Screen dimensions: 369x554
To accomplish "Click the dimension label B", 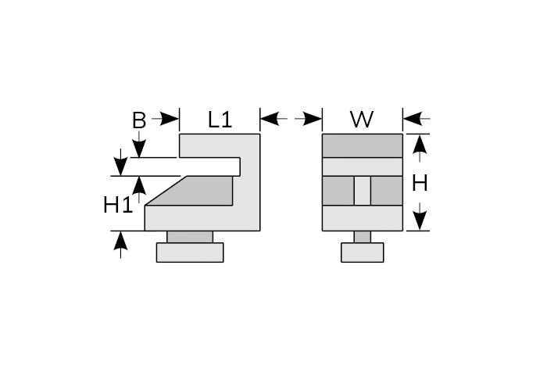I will coord(139,120).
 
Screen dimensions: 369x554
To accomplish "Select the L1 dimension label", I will coord(220,120).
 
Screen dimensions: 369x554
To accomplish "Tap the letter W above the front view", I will coord(362,120).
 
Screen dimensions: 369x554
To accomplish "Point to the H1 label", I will coord(118,206).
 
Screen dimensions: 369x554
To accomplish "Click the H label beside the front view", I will coord(420,184).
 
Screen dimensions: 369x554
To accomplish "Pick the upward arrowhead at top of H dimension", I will coord(420,143).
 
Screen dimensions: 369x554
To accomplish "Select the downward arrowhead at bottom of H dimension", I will coord(420,220).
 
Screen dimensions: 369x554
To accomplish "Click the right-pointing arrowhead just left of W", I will coord(313,119).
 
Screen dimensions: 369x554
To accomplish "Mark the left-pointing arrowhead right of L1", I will coord(270,119).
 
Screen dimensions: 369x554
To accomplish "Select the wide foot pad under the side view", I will coord(190,253).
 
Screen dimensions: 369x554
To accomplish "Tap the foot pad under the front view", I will coord(362,253).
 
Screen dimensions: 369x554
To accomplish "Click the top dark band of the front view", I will coord(363,145).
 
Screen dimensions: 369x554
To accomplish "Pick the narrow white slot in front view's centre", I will coord(362,191).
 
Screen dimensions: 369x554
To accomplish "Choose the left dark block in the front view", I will coord(338,191).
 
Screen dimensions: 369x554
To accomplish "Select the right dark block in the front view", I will coord(387,191).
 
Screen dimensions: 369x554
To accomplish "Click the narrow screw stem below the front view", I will coord(362,237).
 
